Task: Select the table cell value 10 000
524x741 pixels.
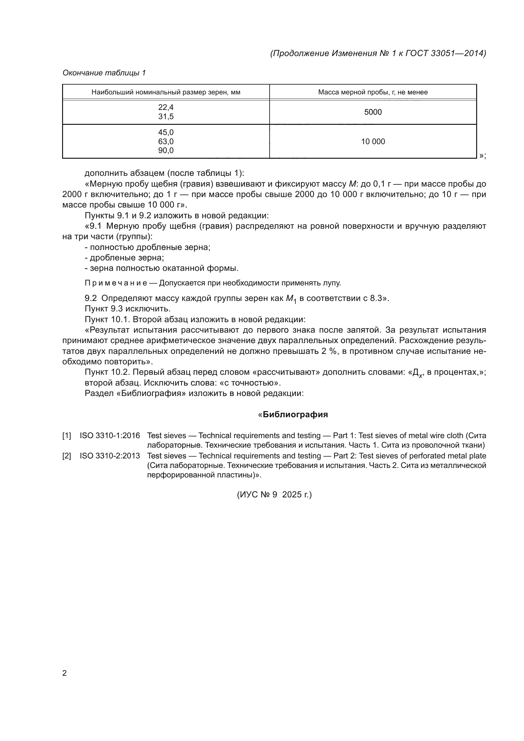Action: pos(373,141)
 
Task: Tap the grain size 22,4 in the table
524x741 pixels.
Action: pos(166,107)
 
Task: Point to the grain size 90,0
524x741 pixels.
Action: pos(166,150)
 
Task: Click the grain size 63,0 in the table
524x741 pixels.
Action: pos(166,141)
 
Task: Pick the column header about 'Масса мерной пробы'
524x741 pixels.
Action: pos(373,92)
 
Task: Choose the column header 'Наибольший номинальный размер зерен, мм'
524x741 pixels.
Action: pos(166,92)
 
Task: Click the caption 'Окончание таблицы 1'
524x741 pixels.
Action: pos(104,73)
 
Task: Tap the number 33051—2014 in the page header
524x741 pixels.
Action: pos(457,53)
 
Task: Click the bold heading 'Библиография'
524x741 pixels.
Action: pos(295,414)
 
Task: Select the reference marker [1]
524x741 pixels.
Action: pos(67,436)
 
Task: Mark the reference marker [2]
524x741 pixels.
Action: pos(67,456)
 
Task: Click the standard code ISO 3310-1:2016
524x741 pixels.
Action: pos(110,436)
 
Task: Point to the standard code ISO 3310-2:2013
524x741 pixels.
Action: pos(110,456)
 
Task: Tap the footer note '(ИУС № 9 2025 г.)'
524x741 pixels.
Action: pos(274,495)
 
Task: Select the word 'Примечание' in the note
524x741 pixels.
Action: pos(116,283)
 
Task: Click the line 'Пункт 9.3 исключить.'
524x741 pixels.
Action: pos(127,309)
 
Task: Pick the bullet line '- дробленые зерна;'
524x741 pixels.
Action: pos(124,258)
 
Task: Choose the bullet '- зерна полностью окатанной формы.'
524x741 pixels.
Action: pos(161,268)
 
